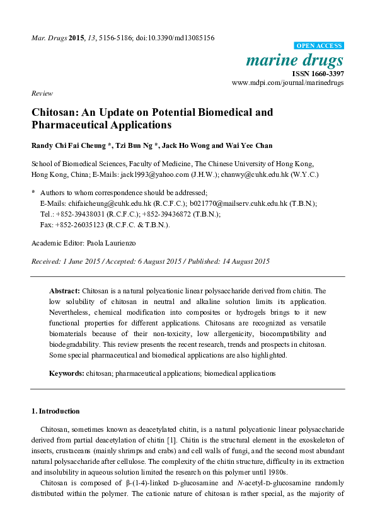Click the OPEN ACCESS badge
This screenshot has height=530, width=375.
[x=320, y=46]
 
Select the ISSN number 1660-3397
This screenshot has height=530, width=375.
[x=326, y=73]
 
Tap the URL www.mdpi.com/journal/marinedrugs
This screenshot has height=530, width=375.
[x=288, y=82]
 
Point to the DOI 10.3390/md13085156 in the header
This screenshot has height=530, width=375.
[x=178, y=38]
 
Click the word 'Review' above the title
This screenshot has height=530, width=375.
[x=42, y=93]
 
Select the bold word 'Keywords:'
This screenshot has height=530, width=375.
[x=67, y=373]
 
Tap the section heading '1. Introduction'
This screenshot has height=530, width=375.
[x=55, y=411]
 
